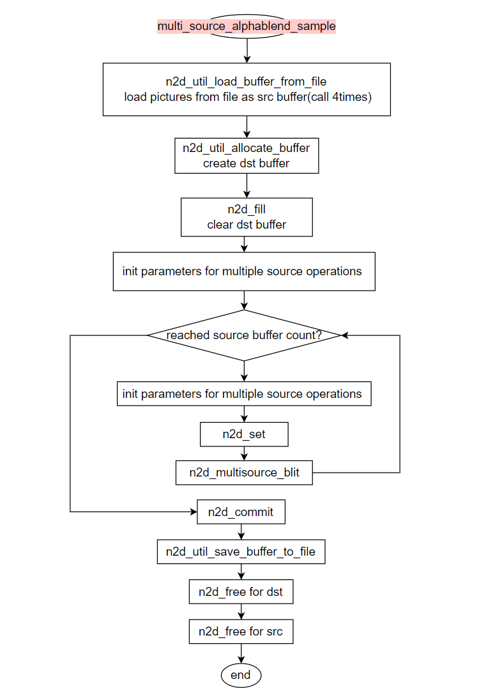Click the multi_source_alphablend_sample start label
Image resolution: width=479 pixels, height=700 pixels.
(x=247, y=26)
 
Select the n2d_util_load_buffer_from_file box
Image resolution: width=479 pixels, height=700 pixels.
(x=247, y=89)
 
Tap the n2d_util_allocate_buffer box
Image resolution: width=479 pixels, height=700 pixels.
(x=247, y=155)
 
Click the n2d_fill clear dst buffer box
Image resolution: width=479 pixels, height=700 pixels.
(x=247, y=217)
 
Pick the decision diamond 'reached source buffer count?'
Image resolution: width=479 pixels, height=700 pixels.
(x=244, y=335)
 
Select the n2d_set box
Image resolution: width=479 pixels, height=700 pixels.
(x=244, y=434)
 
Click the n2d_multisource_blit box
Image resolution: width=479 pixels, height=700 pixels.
(x=244, y=473)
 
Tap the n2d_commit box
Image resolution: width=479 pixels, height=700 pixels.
(x=241, y=512)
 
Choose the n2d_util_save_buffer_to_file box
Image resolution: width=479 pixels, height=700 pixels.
(x=241, y=551)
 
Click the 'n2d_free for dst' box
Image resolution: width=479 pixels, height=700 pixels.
(x=241, y=591)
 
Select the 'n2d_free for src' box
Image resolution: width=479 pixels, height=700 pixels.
(x=241, y=631)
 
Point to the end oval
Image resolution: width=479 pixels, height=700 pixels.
(x=241, y=675)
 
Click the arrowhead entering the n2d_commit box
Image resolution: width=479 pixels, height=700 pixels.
(x=194, y=512)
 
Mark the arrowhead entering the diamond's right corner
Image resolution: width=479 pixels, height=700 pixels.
(x=344, y=335)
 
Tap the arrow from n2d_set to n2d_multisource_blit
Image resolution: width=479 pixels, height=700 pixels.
(x=244, y=453)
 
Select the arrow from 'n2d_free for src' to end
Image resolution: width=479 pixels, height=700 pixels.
(x=241, y=653)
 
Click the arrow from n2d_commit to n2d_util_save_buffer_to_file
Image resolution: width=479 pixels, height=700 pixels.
(x=241, y=531)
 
